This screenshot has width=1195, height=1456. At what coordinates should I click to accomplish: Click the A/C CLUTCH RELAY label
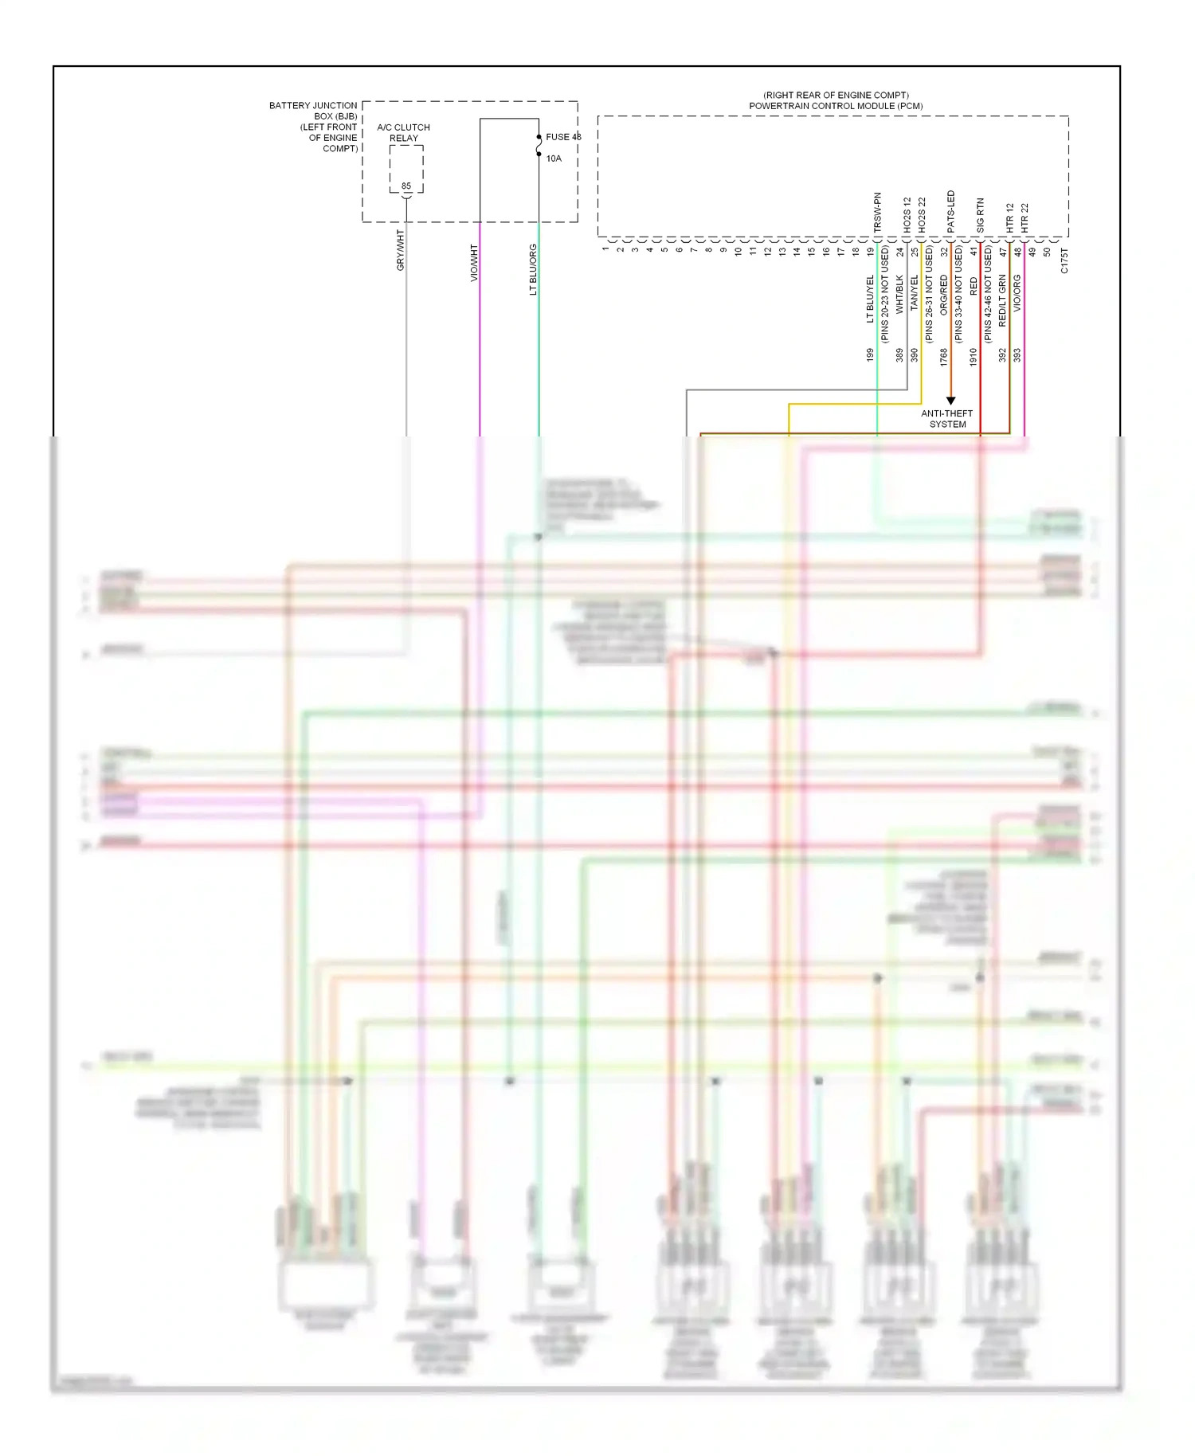click(x=403, y=132)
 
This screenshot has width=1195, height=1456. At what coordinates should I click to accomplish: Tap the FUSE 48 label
click(x=562, y=137)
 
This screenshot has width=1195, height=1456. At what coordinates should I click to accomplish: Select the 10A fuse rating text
click(x=554, y=159)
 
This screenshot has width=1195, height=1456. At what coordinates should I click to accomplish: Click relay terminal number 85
click(x=406, y=186)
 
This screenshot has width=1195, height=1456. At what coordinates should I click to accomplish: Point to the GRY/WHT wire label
click(x=401, y=250)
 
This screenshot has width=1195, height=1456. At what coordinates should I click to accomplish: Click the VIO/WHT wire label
click(x=474, y=263)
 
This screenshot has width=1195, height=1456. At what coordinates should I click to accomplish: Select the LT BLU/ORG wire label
click(x=533, y=269)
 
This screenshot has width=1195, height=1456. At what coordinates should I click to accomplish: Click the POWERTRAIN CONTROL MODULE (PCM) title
click(x=836, y=106)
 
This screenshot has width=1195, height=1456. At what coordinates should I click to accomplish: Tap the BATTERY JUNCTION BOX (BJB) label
click(x=313, y=111)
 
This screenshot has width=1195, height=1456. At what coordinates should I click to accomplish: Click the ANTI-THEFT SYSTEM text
click(x=947, y=419)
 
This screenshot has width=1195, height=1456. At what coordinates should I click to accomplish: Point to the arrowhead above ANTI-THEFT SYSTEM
click(x=950, y=401)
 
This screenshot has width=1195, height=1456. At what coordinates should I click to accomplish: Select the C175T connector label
click(x=1064, y=260)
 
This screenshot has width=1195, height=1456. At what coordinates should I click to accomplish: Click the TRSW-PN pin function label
click(x=878, y=212)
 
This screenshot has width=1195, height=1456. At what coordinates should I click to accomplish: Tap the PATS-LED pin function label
click(x=951, y=212)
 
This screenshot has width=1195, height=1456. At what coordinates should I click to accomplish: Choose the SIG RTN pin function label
click(x=981, y=215)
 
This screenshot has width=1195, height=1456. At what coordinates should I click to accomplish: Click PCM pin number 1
click(x=605, y=249)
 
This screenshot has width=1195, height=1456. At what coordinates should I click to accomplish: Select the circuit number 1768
click(x=944, y=356)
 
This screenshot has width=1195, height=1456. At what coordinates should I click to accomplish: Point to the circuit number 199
click(x=870, y=355)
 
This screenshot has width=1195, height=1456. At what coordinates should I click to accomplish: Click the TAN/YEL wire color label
click(x=915, y=293)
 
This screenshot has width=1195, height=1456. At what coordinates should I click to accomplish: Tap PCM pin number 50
click(x=1047, y=252)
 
